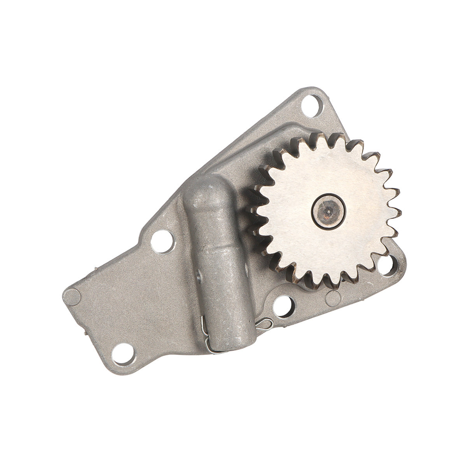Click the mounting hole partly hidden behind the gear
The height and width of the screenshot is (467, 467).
coord(389,264)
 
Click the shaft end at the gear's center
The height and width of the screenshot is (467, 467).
coord(328,210)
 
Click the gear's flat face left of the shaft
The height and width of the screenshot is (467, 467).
coord(288,210)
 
